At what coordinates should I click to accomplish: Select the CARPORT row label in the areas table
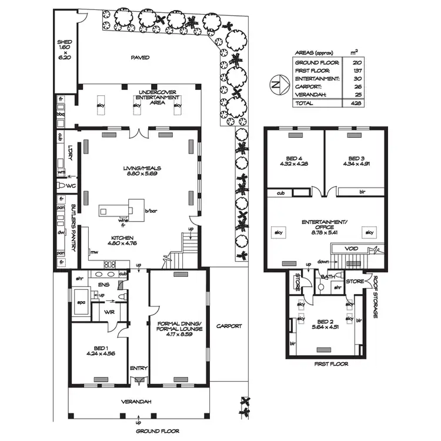308,86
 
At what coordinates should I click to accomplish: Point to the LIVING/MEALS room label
137,172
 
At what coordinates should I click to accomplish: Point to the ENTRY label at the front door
139,369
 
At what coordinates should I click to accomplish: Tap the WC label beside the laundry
72,186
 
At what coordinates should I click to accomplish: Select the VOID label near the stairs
352,249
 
